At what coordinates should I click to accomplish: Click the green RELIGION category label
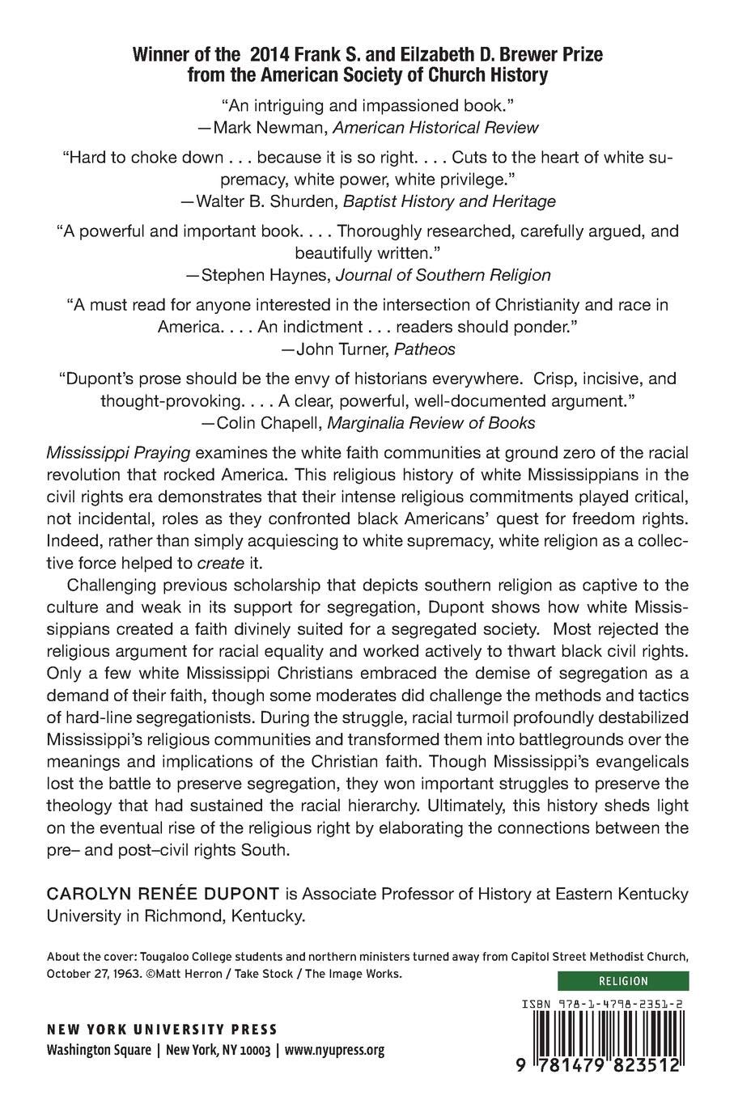click(622, 981)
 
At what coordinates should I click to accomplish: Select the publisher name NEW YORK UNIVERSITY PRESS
click(162, 1030)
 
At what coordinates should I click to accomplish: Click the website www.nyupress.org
click(333, 1051)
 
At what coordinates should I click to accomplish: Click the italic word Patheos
click(427, 349)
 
